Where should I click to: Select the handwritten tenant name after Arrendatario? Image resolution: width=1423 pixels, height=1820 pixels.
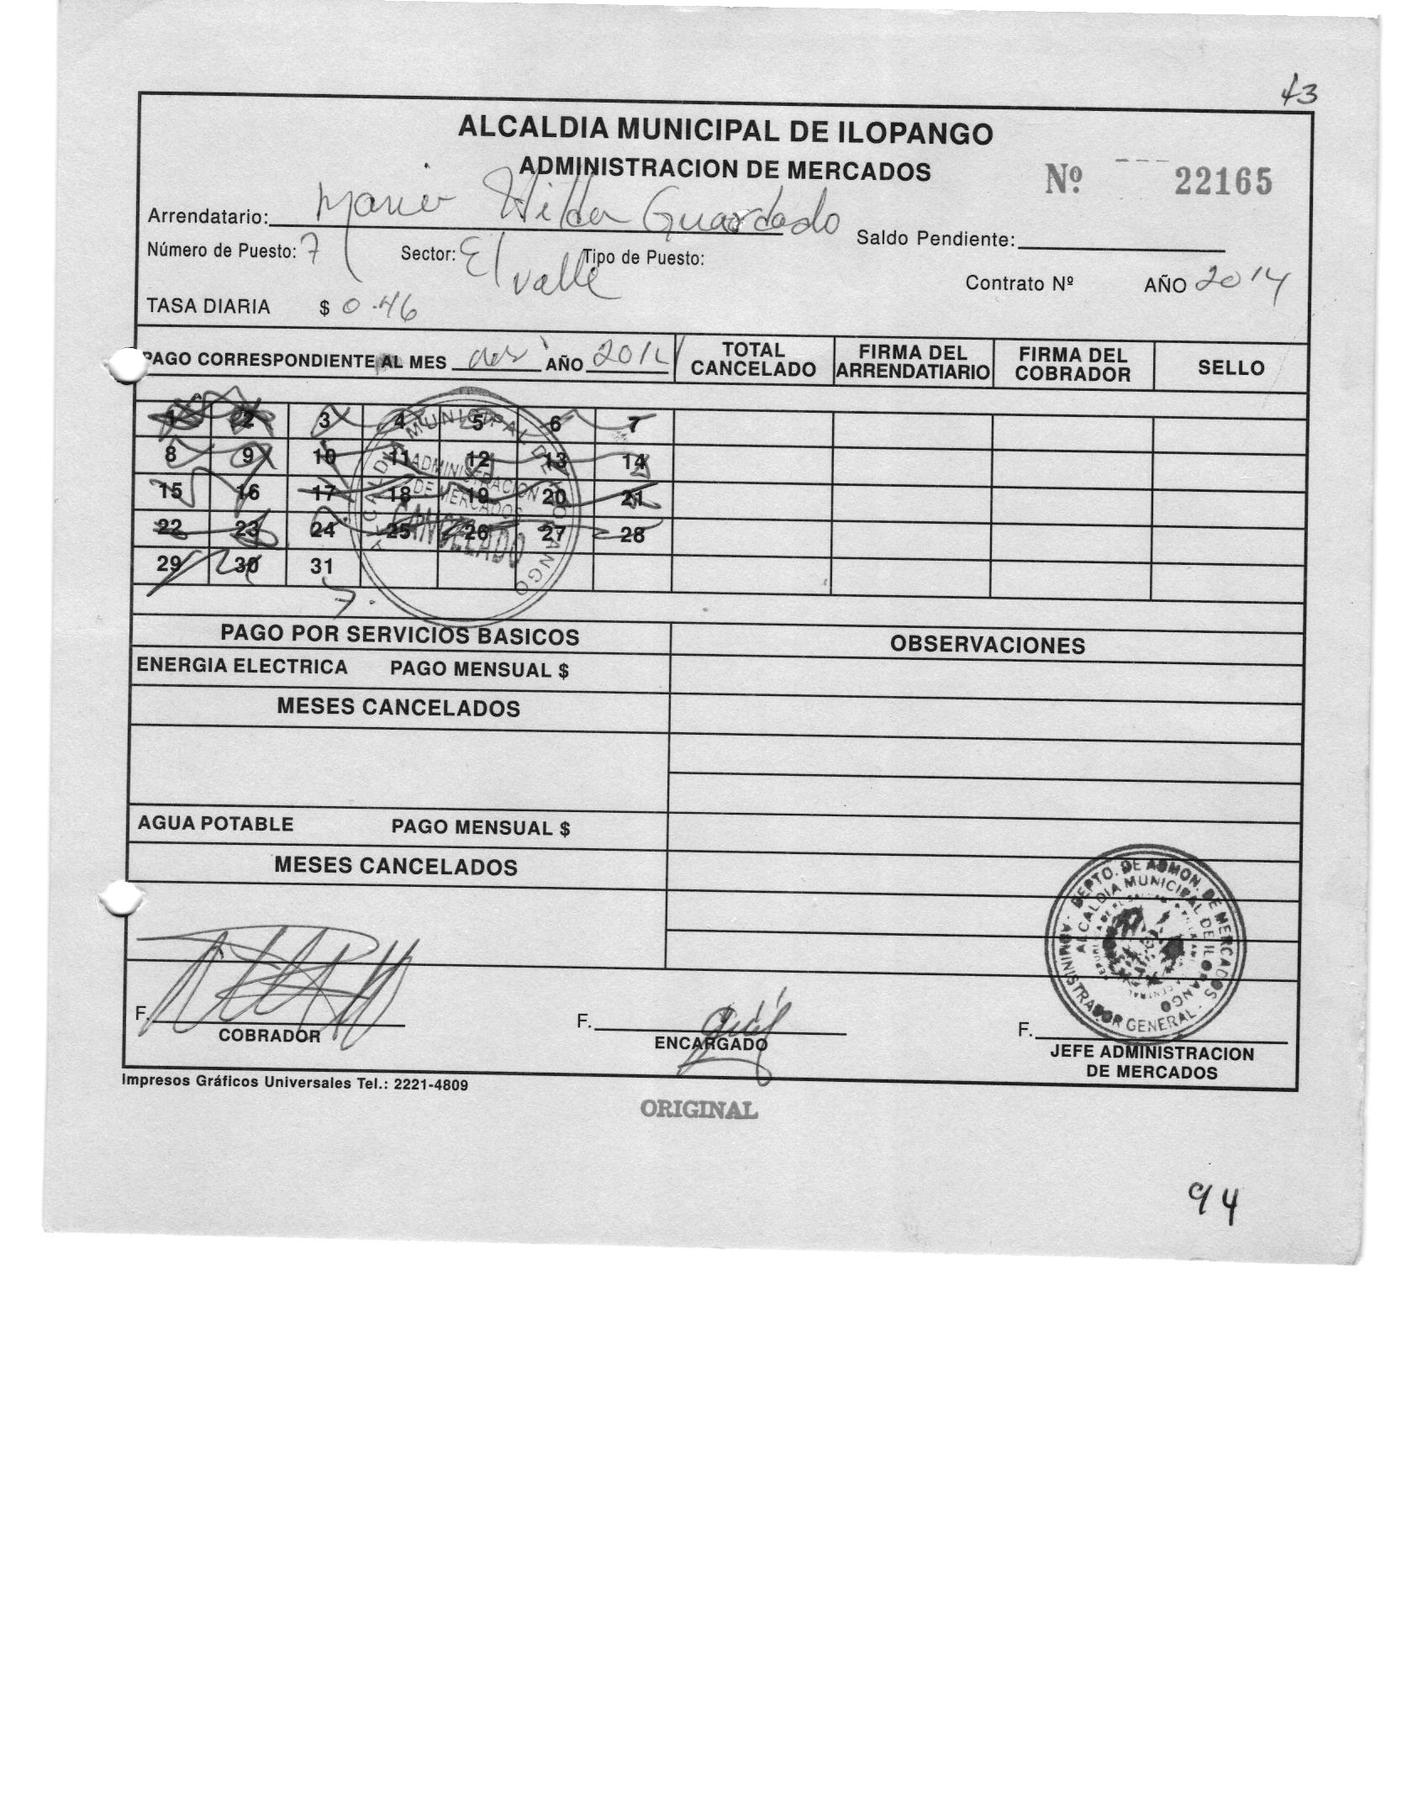(x=576, y=210)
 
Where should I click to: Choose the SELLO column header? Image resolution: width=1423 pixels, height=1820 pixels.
(x=1231, y=367)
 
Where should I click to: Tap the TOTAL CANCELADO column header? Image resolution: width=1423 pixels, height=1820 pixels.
(x=753, y=360)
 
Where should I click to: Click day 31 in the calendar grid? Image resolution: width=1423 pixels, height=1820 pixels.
(x=322, y=567)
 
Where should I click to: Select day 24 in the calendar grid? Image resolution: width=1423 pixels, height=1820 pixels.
(x=323, y=530)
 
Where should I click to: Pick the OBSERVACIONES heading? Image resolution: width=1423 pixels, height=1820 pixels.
(x=987, y=646)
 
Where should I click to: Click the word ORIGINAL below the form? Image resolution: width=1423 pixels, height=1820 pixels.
(x=698, y=1110)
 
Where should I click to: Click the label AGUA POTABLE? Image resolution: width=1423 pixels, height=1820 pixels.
(x=215, y=825)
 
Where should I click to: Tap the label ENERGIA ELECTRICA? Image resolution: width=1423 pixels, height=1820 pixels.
(x=242, y=667)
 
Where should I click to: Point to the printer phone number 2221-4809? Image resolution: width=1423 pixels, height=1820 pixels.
(x=425, y=1085)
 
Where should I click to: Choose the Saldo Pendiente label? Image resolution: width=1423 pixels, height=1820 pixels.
(x=934, y=240)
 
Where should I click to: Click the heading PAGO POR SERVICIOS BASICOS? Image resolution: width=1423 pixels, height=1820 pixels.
(x=399, y=636)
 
